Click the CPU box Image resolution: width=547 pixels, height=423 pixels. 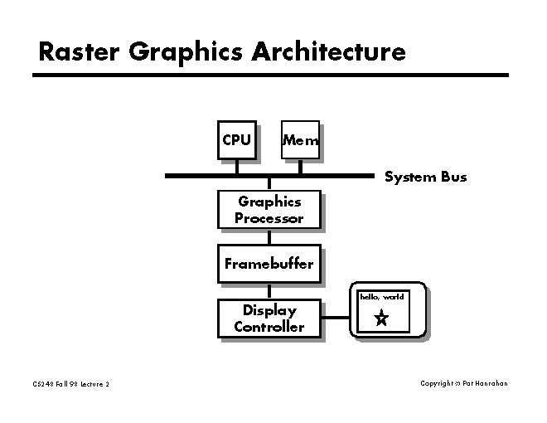[x=236, y=140]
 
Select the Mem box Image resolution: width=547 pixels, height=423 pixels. [x=299, y=141]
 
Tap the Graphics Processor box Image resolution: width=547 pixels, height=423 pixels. [x=269, y=210]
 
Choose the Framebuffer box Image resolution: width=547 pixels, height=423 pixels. [x=269, y=264]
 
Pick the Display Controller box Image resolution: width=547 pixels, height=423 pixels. [x=269, y=318]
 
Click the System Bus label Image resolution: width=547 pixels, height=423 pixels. [x=425, y=177]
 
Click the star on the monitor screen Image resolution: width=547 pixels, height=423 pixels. [x=381, y=318]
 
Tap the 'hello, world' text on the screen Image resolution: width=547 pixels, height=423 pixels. [x=381, y=296]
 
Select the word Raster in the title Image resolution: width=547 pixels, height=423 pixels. [x=80, y=52]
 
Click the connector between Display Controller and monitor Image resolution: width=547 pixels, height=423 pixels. [x=335, y=317]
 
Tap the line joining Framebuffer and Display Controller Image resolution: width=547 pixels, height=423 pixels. [x=269, y=291]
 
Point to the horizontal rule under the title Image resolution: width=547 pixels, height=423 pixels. [x=269, y=75]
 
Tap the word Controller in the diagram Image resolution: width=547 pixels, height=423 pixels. [x=269, y=327]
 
